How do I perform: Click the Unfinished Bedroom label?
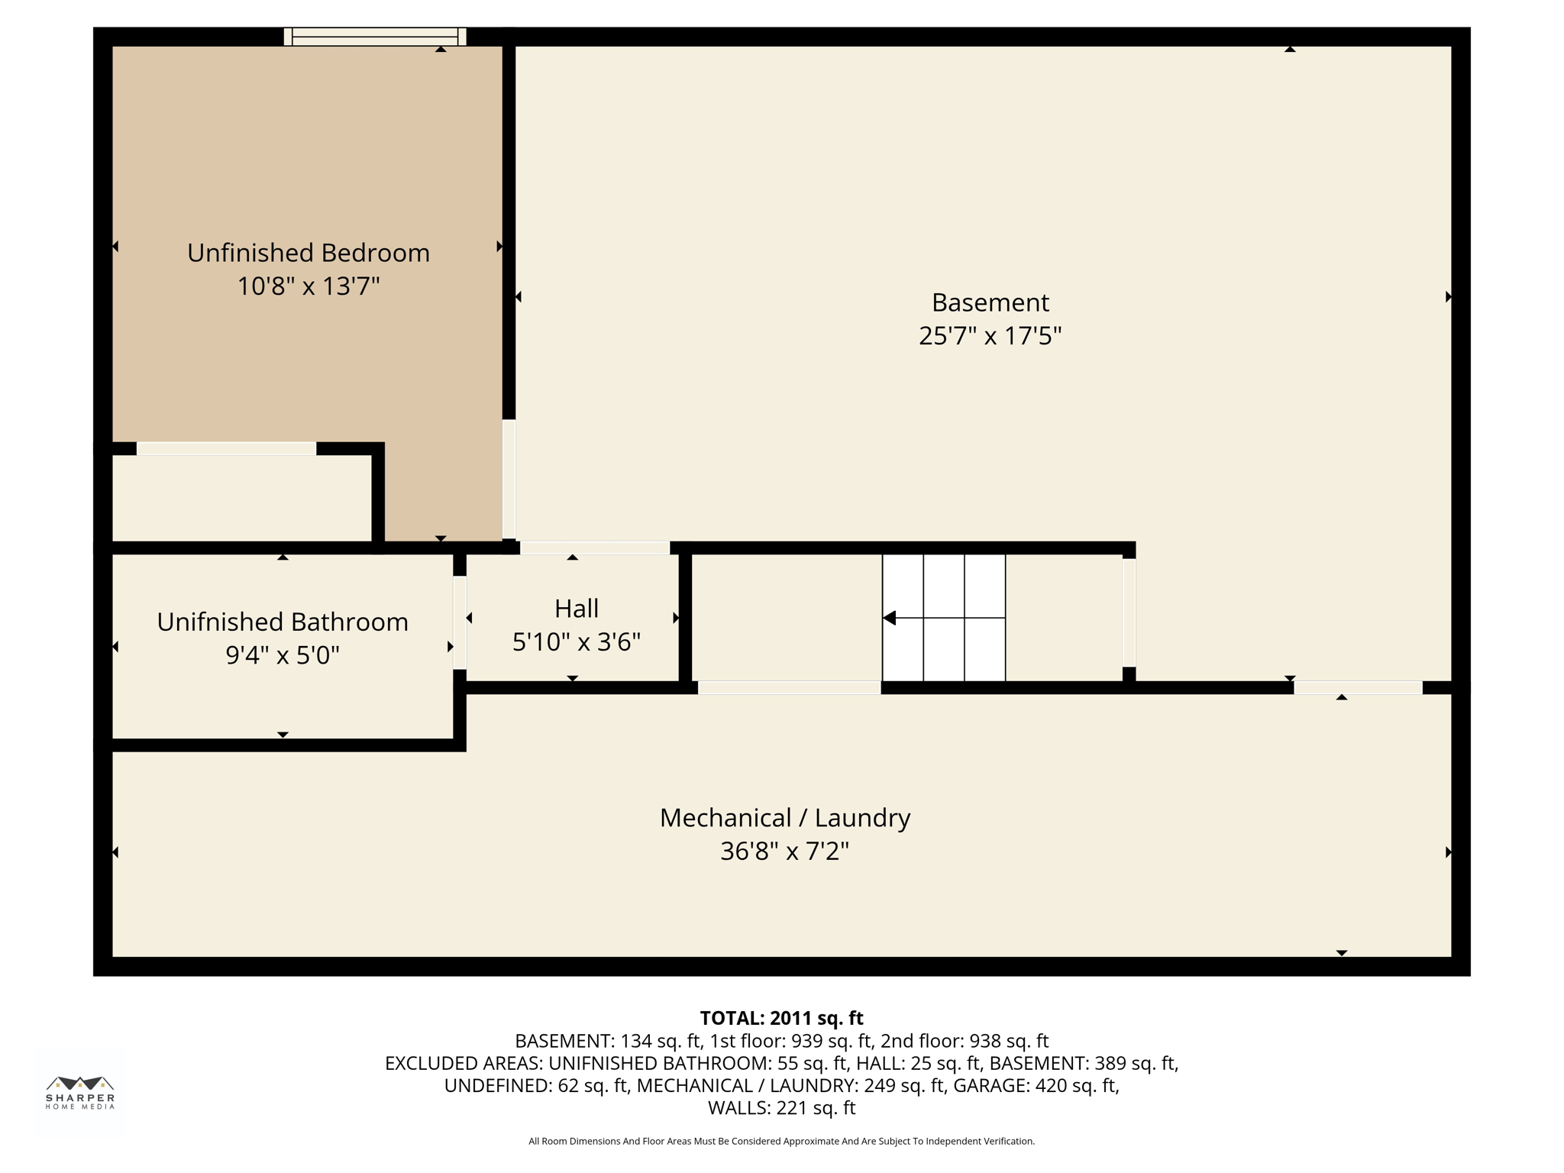308,253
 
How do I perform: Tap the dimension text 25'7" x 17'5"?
990,336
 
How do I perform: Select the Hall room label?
577,609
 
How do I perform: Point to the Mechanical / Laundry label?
784,818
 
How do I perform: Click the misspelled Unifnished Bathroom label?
283,622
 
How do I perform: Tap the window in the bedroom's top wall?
375,37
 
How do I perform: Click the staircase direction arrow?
890,618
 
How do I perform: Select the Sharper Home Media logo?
80,1092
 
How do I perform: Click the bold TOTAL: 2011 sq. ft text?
781,1018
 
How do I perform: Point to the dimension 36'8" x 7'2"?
784,851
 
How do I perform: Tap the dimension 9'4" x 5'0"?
283,655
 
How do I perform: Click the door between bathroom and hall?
460,622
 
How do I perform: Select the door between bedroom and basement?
509,480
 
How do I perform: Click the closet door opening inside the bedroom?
226,449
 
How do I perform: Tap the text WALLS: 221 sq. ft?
781,1107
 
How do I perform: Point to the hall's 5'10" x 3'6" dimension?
577,641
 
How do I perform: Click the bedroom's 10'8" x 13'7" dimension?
308,286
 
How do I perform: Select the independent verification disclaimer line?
781,1141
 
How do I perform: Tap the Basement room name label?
990,302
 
